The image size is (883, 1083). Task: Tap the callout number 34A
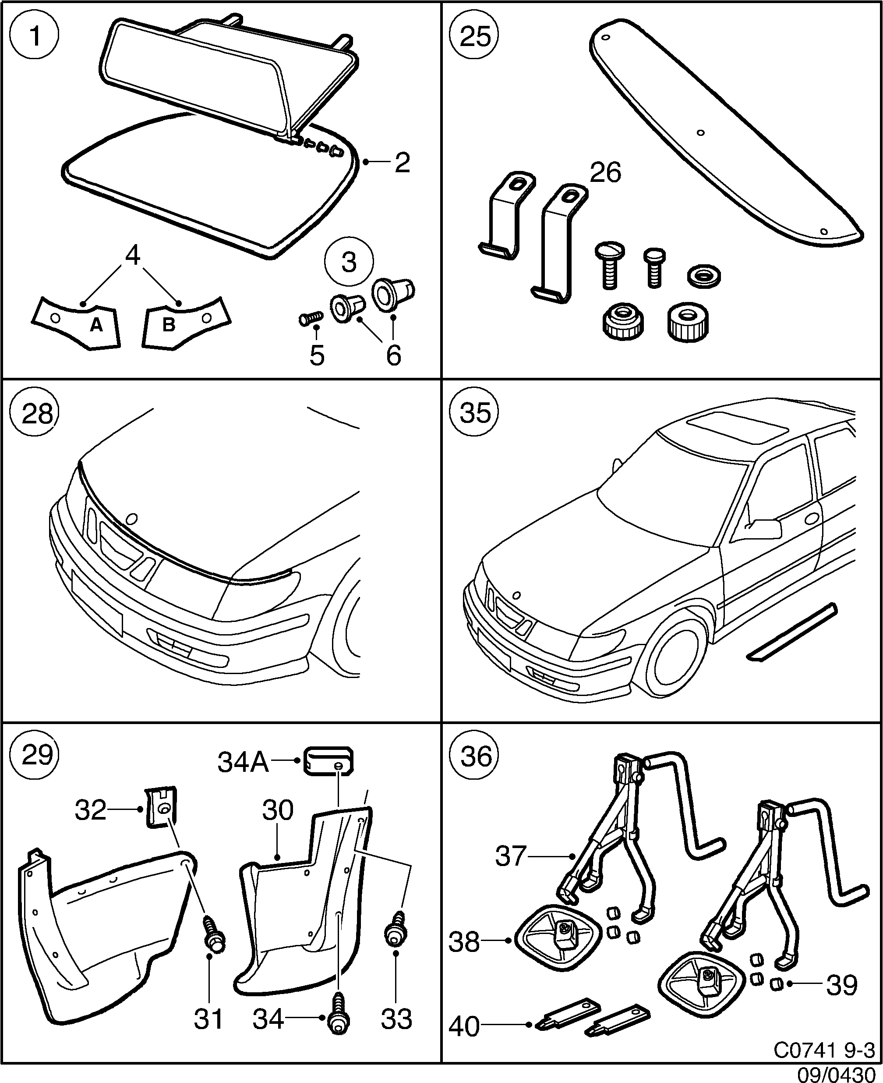point(243,762)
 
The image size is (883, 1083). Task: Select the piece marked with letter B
point(186,321)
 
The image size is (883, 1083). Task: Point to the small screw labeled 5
point(310,318)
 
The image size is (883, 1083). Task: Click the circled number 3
point(349,263)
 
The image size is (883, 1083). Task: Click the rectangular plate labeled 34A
point(328,762)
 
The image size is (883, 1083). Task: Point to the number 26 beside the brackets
point(605,173)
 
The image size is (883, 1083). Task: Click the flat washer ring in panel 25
point(703,277)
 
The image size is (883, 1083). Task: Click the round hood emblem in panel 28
point(132,518)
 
